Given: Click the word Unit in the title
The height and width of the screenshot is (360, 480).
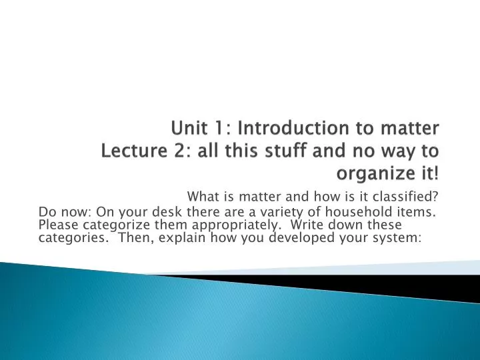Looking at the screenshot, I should [189, 127].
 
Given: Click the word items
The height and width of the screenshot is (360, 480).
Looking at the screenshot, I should [420, 213].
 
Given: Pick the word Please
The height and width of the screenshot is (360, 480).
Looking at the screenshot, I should [56, 226].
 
